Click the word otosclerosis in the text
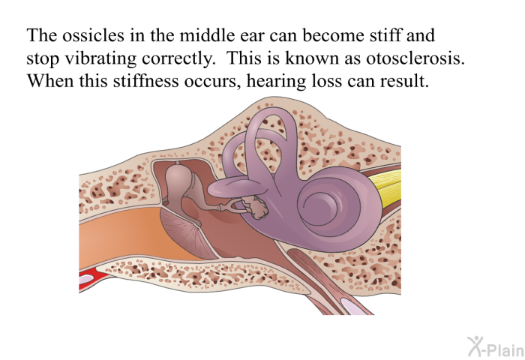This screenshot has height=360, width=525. tap(415, 58)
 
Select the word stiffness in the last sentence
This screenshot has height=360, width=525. tap(145, 81)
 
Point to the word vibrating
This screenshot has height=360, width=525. tap(100, 59)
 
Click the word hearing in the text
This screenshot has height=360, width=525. tap(276, 82)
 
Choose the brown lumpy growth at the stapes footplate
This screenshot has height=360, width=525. tap(256, 207)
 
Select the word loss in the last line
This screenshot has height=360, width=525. tap(326, 81)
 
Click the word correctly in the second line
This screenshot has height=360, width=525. tap(178, 59)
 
